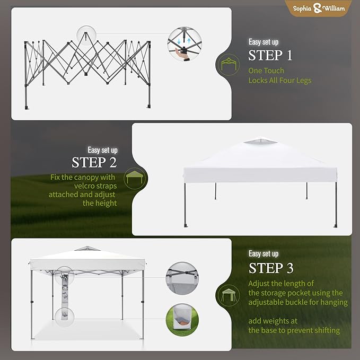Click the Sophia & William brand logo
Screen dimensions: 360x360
tap(319, 8)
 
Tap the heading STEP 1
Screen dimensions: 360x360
tap(270, 55)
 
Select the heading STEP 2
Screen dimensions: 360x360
tap(94, 163)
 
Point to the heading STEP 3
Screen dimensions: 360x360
tap(271, 268)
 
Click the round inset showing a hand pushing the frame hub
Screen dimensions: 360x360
tap(185, 43)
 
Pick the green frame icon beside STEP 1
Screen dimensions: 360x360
tap(229, 65)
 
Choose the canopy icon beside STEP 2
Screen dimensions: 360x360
tap(135, 178)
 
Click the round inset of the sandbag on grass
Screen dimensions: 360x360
tap(182, 320)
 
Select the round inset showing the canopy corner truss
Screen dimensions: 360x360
tap(182, 278)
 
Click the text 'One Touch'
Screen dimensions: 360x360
tap(266, 71)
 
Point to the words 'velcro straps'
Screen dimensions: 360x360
tap(95, 186)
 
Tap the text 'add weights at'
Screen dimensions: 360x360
tap(273, 321)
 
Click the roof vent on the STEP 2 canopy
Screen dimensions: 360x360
tap(260, 141)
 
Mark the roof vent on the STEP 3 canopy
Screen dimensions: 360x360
tap(87, 249)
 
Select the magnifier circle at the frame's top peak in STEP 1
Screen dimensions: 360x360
tap(86, 36)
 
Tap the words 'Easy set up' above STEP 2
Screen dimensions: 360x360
tap(102, 150)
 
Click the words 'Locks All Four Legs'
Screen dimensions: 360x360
tap(280, 81)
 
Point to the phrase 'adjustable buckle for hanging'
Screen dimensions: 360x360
tap(298, 302)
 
